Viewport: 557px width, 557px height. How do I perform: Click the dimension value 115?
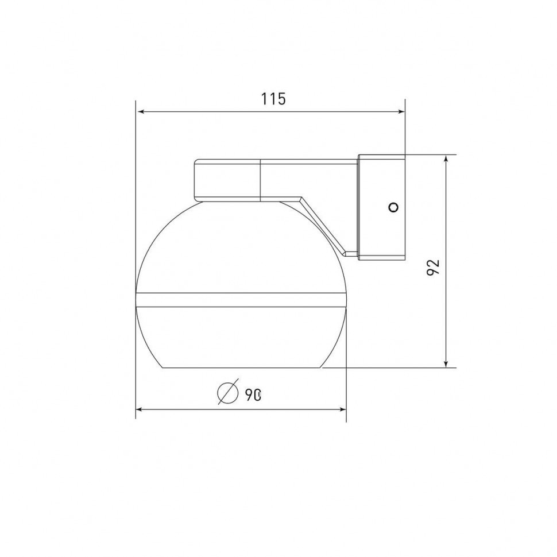pyautogui.click(x=273, y=99)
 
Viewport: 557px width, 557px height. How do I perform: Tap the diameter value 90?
pyautogui.click(x=253, y=394)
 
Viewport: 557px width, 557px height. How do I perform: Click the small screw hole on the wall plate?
pyautogui.click(x=393, y=207)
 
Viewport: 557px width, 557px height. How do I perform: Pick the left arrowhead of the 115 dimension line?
pyautogui.click(x=140, y=113)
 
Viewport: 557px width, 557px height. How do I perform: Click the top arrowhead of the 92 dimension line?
pyautogui.click(x=446, y=159)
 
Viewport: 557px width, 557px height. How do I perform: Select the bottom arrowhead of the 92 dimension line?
pyautogui.click(x=446, y=363)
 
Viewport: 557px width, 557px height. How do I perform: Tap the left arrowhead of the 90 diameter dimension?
pyautogui.click(x=140, y=409)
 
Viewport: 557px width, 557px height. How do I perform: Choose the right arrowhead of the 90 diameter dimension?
pyautogui.click(x=343, y=409)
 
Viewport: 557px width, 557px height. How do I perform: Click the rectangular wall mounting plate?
pyautogui.click(x=381, y=207)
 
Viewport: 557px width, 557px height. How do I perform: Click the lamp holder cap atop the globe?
pyautogui.click(x=228, y=180)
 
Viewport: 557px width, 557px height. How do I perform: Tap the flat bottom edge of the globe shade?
pyautogui.click(x=241, y=368)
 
